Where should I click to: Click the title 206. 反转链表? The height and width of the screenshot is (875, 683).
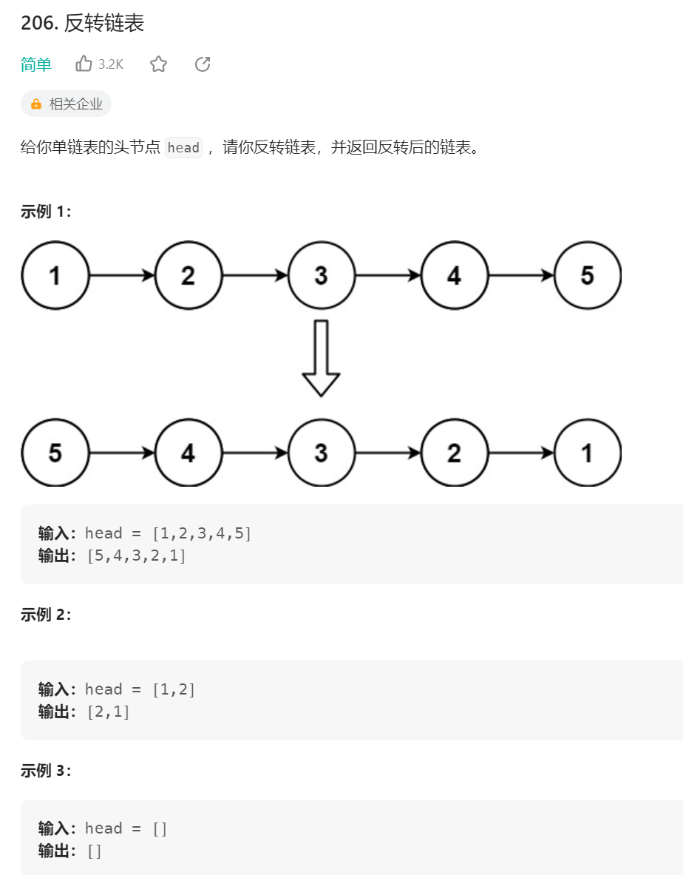tap(82, 24)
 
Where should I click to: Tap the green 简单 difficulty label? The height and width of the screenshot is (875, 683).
tap(36, 65)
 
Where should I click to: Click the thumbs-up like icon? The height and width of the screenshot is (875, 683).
tap(84, 64)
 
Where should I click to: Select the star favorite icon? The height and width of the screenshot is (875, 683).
tap(158, 64)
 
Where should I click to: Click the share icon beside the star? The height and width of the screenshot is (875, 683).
tap(203, 64)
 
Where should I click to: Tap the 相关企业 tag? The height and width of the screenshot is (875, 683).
tap(67, 104)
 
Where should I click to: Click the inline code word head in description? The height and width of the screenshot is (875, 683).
tap(183, 147)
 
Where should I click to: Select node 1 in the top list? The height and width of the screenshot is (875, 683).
tap(55, 275)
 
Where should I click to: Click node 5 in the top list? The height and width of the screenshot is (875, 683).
tap(588, 275)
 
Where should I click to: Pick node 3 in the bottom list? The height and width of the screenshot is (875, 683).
tap(322, 453)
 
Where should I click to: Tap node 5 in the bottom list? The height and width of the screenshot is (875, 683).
tap(55, 453)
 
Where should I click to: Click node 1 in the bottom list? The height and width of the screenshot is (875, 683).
tap(588, 453)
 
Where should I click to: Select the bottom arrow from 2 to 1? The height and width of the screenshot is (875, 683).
tap(521, 453)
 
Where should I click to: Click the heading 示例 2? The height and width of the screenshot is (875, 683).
tap(46, 615)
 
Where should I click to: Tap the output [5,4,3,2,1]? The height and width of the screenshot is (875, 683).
tap(136, 555)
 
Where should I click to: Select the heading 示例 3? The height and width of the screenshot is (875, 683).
tap(46, 771)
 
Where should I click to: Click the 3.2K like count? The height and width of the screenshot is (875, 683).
tap(111, 65)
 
